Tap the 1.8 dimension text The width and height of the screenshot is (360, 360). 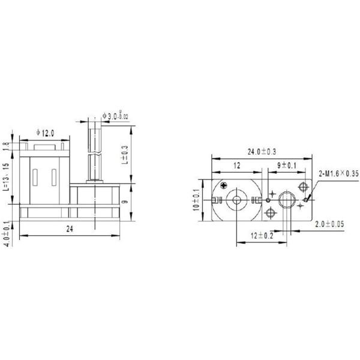tap(5, 145)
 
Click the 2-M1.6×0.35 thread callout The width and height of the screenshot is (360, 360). tap(338, 174)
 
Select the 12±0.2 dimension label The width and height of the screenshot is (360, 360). tap(263, 235)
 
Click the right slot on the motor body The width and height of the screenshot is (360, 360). tap(55, 178)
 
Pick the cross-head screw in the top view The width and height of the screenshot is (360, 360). tap(225, 186)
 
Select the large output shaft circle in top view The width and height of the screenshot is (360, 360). tap(286, 199)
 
